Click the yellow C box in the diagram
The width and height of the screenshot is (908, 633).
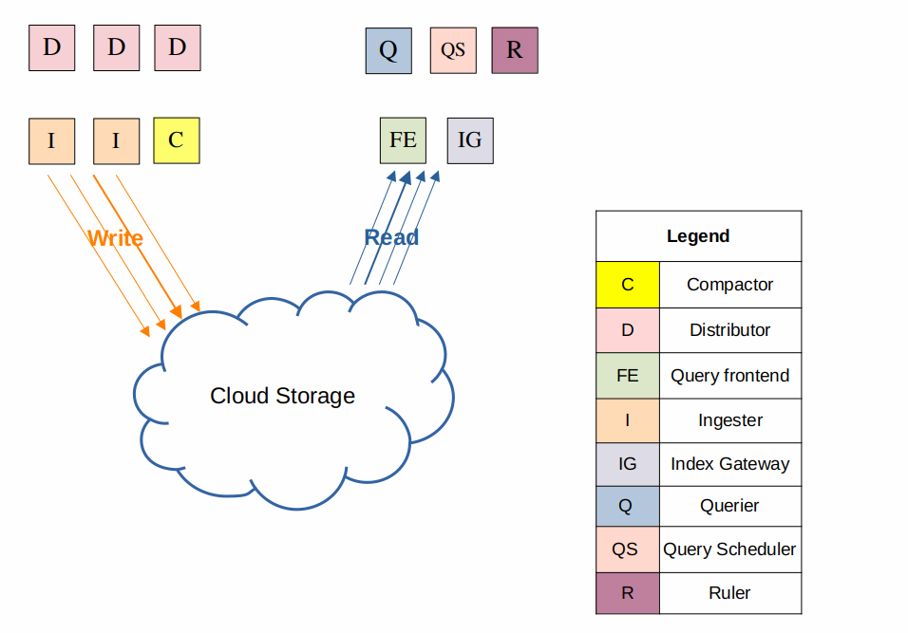(x=177, y=140)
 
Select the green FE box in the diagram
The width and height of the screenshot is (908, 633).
(x=403, y=140)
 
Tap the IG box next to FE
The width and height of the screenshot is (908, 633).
(x=470, y=140)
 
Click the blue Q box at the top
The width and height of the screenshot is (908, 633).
(x=388, y=50)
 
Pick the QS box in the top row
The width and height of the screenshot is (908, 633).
(x=453, y=50)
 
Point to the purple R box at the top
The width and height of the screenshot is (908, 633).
(x=515, y=50)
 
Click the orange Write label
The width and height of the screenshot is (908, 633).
(x=115, y=238)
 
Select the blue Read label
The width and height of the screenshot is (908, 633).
(x=391, y=237)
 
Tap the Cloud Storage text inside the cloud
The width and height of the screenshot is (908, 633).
(x=282, y=396)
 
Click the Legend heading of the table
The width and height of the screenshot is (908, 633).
(x=698, y=236)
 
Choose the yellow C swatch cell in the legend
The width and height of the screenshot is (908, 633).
(x=628, y=285)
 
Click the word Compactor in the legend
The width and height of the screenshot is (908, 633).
(x=729, y=285)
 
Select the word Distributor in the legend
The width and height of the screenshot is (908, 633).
(x=729, y=330)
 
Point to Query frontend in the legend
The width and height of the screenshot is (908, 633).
(x=729, y=376)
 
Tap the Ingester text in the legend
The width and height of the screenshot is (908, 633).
(x=729, y=420)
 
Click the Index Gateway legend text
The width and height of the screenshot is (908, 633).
(x=729, y=464)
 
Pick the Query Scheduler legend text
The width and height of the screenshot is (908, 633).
(x=729, y=549)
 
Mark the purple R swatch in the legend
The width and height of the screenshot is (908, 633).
(x=628, y=593)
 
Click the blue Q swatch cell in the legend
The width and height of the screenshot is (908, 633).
(x=628, y=506)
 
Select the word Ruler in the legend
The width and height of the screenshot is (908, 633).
(x=729, y=593)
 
